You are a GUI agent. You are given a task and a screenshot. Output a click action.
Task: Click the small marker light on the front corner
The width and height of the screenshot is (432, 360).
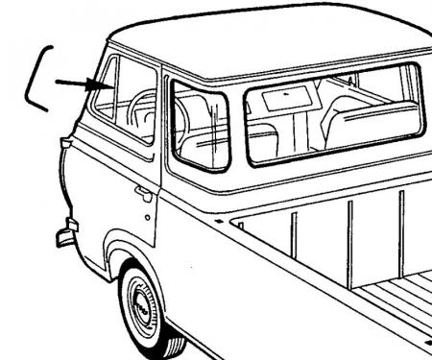tap(64, 144)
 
